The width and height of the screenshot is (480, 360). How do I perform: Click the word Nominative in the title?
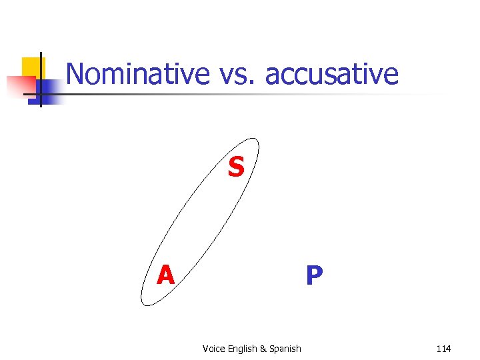click(138, 74)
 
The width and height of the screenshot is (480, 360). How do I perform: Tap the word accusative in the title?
click(331, 74)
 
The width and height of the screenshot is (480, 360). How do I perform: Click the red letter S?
click(235, 168)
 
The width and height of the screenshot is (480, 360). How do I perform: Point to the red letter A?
click(165, 275)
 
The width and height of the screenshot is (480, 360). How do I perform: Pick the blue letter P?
click(314, 275)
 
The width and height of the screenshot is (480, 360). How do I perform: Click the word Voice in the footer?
click(213, 349)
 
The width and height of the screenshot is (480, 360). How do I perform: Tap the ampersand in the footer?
click(263, 349)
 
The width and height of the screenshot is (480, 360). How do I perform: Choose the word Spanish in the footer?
click(285, 349)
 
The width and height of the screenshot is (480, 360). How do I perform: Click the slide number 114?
click(443, 349)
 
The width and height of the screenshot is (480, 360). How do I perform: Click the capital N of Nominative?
click(75, 74)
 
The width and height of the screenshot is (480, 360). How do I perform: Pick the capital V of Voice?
click(205, 349)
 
